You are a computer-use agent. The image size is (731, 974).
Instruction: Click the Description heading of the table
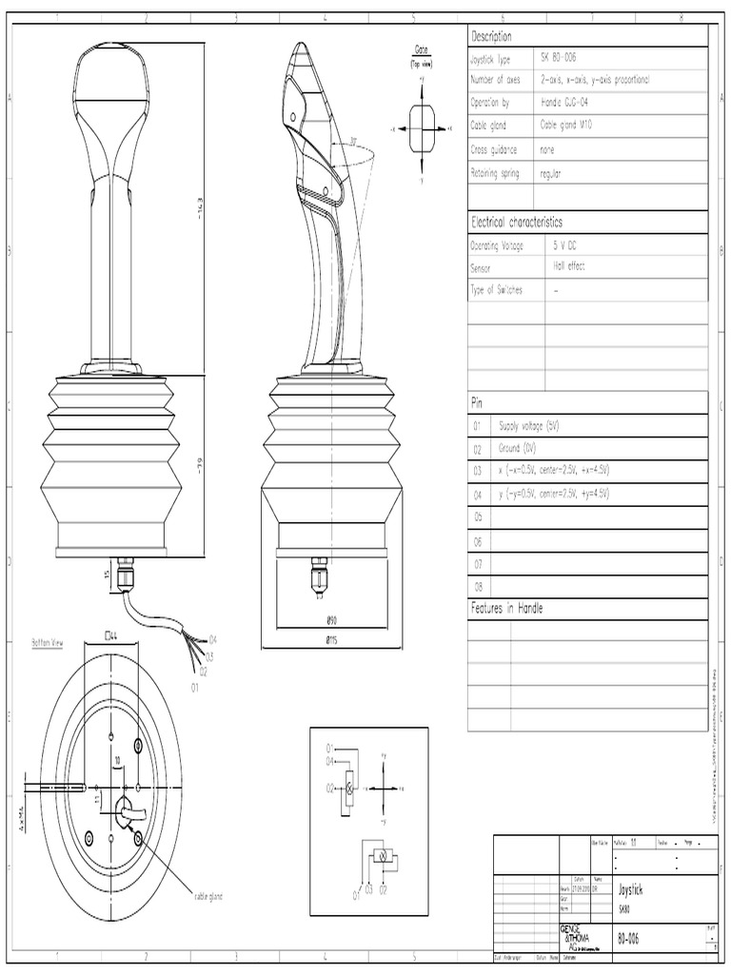pyautogui.click(x=492, y=36)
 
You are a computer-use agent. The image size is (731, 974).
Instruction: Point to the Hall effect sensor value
pyautogui.click(x=569, y=267)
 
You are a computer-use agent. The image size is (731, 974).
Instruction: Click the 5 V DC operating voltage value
pyautogui.click(x=565, y=244)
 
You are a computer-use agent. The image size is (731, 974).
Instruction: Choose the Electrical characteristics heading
pyautogui.click(x=517, y=222)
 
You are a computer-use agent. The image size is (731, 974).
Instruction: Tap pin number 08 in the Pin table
pyautogui.click(x=479, y=587)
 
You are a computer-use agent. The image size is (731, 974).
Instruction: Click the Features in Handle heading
pyautogui.click(x=507, y=608)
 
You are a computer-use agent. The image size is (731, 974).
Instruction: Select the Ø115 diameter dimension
pyautogui.click(x=332, y=641)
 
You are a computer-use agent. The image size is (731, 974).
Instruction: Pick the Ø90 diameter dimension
pyautogui.click(x=332, y=618)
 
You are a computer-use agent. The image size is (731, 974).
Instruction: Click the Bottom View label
pyautogui.click(x=41, y=644)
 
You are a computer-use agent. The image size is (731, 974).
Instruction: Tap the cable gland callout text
pyautogui.click(x=207, y=896)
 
